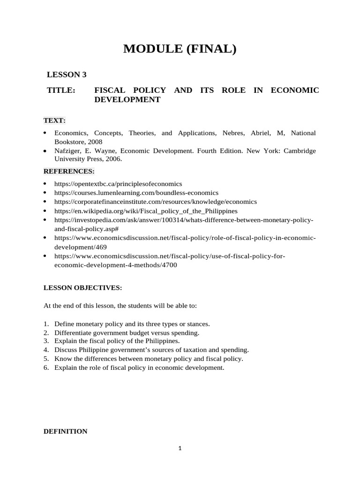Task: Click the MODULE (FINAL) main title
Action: tap(180, 48)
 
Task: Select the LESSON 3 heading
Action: tap(67, 75)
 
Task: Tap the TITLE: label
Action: tap(61, 90)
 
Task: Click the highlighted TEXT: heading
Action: tap(54, 120)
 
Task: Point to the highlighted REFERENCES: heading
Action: tap(69, 171)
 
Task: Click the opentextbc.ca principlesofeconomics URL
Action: tap(118, 184)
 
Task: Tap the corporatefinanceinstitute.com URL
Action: tap(156, 202)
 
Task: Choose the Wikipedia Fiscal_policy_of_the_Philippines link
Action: tap(146, 211)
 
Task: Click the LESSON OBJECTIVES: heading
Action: tap(82, 287)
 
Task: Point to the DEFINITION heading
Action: tap(65, 431)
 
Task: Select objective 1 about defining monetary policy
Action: tap(132, 324)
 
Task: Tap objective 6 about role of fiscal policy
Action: tap(139, 367)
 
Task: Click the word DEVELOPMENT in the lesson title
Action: tap(127, 100)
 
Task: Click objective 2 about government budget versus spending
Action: tap(127, 333)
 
